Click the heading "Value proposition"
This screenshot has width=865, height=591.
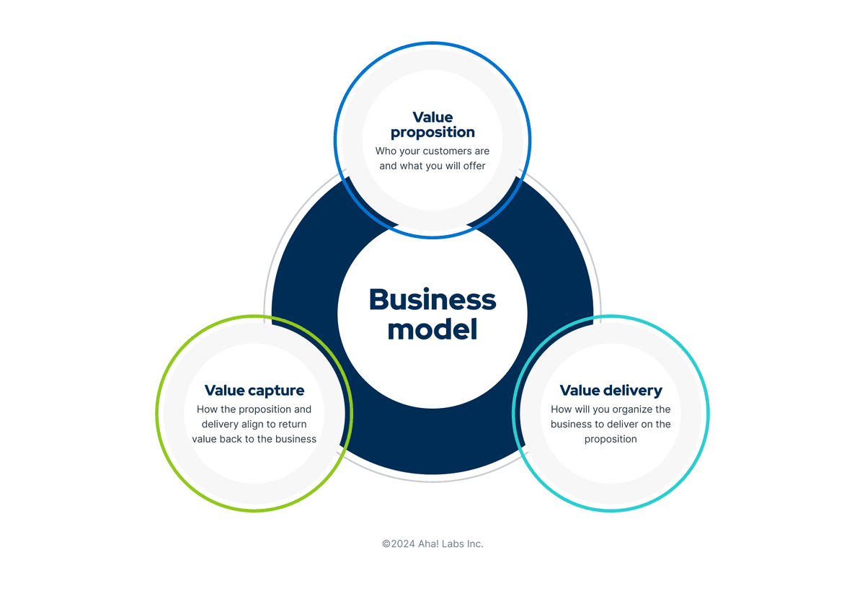(x=432, y=125)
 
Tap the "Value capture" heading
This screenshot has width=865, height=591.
(x=254, y=391)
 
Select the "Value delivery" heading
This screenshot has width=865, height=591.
(x=611, y=391)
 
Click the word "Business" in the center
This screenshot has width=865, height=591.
(x=432, y=300)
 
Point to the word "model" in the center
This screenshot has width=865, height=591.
(x=432, y=329)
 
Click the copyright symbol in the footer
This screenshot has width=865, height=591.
(x=386, y=544)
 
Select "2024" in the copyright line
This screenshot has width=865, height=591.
(x=403, y=544)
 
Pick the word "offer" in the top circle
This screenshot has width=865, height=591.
(x=474, y=166)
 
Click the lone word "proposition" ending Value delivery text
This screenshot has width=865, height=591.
(x=611, y=440)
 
